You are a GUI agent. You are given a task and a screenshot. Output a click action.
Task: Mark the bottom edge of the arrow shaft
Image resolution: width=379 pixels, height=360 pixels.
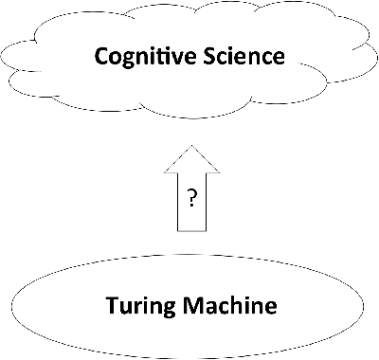tap(190, 230)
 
